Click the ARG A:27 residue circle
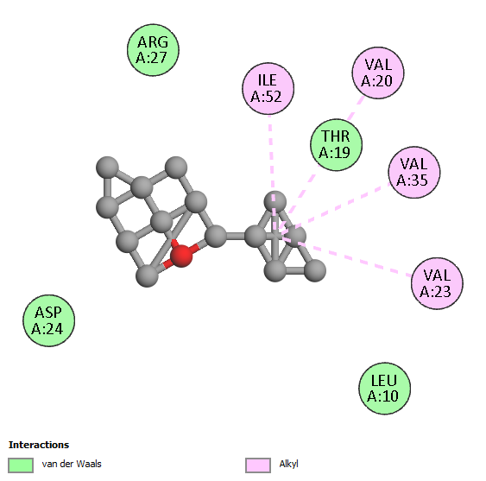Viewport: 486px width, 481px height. [x=153, y=50]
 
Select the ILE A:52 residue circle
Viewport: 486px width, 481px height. [x=268, y=89]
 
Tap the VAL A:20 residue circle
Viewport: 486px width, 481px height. [x=378, y=73]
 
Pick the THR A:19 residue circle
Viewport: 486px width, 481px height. [x=337, y=145]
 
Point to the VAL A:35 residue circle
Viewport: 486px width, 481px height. [x=414, y=172]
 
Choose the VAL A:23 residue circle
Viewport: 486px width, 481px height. [x=437, y=283]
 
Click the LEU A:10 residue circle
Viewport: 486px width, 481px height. [x=385, y=389]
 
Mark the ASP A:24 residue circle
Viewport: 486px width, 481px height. [x=48, y=320]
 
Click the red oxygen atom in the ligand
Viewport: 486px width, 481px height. [x=181, y=256]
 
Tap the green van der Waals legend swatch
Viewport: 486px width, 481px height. [x=21, y=465]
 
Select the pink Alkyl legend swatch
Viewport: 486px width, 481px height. [x=258, y=465]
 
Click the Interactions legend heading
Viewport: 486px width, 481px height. [x=39, y=445]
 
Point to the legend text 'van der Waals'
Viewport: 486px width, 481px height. [x=72, y=464]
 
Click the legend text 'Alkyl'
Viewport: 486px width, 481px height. [x=288, y=464]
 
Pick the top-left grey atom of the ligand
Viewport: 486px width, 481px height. [x=107, y=168]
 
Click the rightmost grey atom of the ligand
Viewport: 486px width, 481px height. [x=315, y=270]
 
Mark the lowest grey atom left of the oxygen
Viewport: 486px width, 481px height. [x=148, y=275]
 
